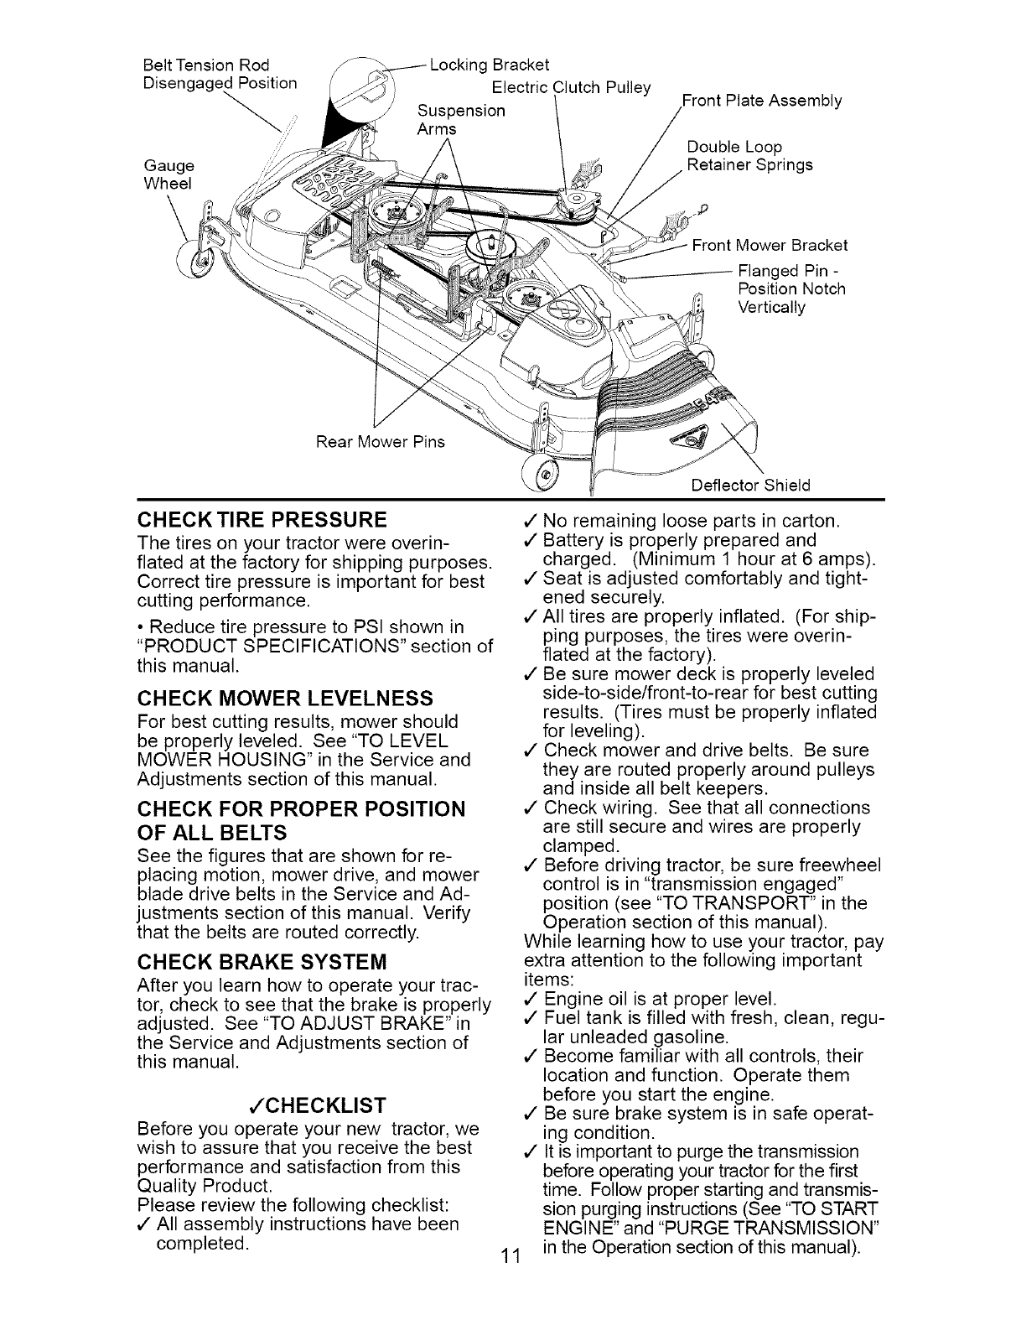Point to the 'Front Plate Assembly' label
pyautogui.click(x=763, y=101)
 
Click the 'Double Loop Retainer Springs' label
pyautogui.click(x=749, y=156)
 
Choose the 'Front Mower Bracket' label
pyautogui.click(x=770, y=245)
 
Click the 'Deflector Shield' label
pyautogui.click(x=750, y=486)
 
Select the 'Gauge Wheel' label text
pyautogui.click(x=168, y=174)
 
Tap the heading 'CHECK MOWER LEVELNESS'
pyautogui.click(x=284, y=698)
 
